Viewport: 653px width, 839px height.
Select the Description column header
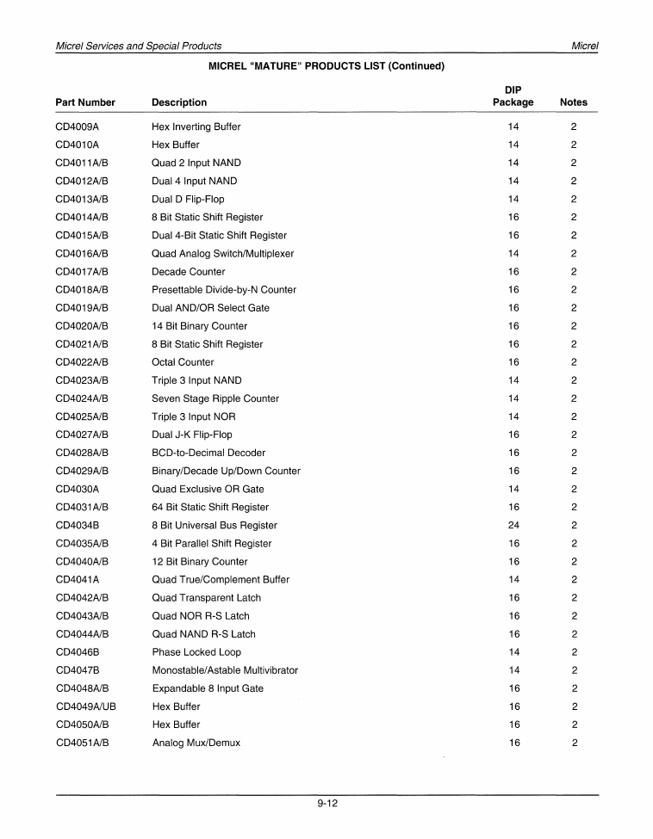pos(179,102)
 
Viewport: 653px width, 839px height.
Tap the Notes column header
pos(573,102)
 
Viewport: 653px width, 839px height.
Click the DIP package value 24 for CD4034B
pos(513,525)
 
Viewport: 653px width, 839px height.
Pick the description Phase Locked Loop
pos(196,652)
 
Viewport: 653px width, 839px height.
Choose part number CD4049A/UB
pos(85,706)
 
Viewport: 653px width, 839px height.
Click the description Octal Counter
pos(183,362)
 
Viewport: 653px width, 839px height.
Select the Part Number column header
pos(85,102)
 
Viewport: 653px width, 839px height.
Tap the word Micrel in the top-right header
pos(584,46)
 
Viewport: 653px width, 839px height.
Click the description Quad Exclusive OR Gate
pos(208,489)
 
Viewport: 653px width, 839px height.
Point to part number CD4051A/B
pos(82,743)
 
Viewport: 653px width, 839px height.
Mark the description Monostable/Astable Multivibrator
pos(225,670)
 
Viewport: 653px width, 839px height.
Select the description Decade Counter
pos(188,272)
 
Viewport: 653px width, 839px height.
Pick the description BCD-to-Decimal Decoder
pos(208,453)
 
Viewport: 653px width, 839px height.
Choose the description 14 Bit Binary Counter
pos(199,326)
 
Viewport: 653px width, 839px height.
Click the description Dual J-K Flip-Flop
pos(191,435)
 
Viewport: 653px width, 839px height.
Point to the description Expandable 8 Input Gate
pos(208,688)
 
